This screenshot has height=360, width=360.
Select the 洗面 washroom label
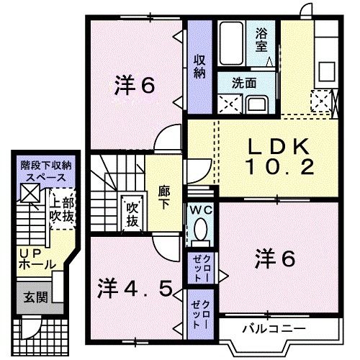pyautogui.click(x=243, y=83)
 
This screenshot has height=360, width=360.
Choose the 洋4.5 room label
pyautogui.click(x=135, y=289)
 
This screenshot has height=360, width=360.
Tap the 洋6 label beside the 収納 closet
pyautogui.click(x=135, y=86)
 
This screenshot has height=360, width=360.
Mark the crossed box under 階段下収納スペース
pyautogui.click(x=30, y=193)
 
